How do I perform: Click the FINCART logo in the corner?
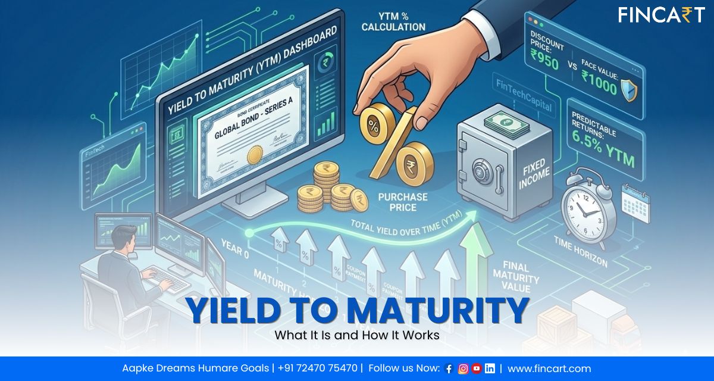660,15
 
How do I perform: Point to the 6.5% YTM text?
605,154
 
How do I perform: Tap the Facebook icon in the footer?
449,368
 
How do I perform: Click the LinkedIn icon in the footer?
490,368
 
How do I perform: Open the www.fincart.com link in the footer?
549,368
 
